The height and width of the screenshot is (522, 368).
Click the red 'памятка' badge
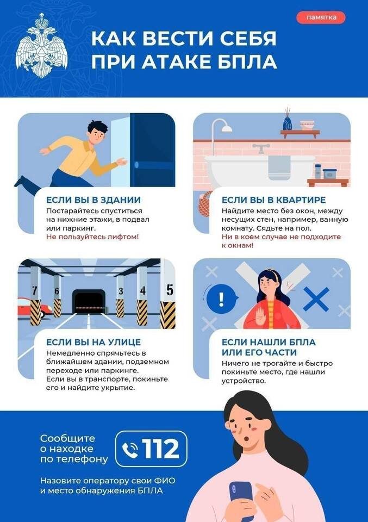(x=321, y=17)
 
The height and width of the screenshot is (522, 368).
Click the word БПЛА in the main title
(x=245, y=61)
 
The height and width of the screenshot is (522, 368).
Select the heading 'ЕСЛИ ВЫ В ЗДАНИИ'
(x=93, y=200)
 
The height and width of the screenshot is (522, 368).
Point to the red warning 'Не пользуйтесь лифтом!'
(x=92, y=237)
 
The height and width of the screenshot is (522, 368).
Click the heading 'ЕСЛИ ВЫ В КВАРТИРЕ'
(x=273, y=200)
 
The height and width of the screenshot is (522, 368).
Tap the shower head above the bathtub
(x=227, y=128)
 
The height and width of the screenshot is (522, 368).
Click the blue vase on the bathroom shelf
(x=287, y=123)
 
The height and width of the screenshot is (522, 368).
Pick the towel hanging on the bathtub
(x=279, y=167)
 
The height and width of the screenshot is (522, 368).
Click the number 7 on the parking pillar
(x=35, y=290)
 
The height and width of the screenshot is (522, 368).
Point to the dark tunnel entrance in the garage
(x=89, y=301)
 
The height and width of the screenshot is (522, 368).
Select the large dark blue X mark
(x=316, y=299)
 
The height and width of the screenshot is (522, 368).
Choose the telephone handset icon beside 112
(x=130, y=450)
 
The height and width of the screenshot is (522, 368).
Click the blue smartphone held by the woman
(x=241, y=498)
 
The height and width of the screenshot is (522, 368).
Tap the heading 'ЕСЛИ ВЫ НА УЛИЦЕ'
(x=93, y=342)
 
